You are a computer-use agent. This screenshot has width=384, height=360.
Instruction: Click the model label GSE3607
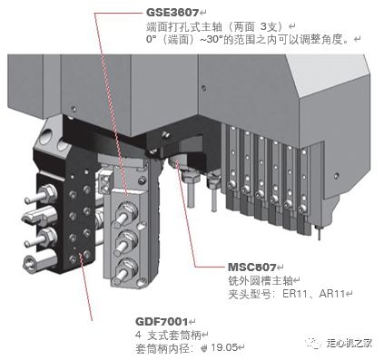pos(172,13)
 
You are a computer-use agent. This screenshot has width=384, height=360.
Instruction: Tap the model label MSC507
pos(251,268)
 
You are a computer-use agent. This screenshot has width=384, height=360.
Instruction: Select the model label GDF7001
pos(162,321)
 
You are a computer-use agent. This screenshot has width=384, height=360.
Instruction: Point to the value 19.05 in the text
pos(224,347)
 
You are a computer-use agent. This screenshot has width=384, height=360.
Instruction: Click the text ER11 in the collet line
pos(296,294)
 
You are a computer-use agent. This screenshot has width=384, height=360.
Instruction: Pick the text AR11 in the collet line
pos(332,294)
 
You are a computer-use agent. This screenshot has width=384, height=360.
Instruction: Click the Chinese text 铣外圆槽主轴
pos(261,281)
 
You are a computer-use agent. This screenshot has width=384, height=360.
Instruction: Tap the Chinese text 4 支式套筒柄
pos(168,335)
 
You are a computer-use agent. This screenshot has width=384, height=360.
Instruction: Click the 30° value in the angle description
pos(214,40)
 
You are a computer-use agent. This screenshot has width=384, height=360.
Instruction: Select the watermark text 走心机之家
pos(350,343)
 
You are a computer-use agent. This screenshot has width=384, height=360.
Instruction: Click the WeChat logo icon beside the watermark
pos(313,343)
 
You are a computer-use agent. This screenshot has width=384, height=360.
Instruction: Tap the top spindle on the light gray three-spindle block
pos(124,213)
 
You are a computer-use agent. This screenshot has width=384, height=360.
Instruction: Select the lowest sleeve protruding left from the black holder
pos(40,262)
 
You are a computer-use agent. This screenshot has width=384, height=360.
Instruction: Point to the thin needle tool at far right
pos(319,232)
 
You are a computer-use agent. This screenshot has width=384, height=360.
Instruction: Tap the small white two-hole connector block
pos(105,182)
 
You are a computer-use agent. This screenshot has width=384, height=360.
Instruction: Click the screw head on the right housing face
pos(336,175)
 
